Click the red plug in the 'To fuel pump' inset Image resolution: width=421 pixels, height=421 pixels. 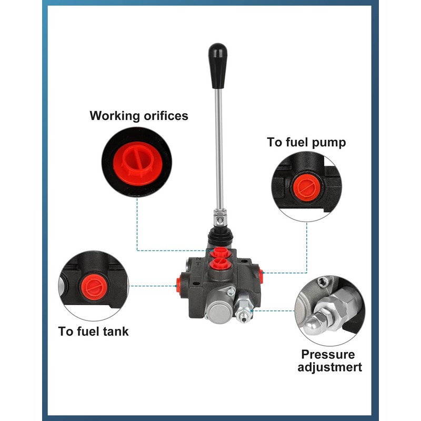pyautogui.click(x=304, y=186)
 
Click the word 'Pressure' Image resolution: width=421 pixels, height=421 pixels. pyautogui.click(x=328, y=355)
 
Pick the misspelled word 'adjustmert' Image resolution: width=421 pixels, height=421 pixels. pyautogui.click(x=329, y=367)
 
